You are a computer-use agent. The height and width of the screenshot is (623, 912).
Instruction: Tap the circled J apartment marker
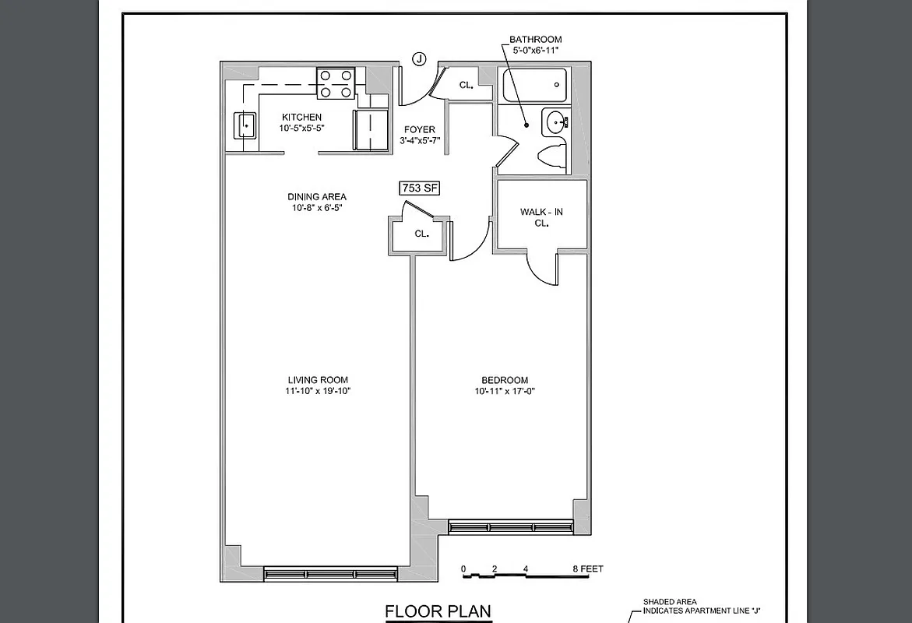point(420,59)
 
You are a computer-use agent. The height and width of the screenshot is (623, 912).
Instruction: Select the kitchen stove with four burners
point(336,83)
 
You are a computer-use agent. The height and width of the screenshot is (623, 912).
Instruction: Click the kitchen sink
point(245,125)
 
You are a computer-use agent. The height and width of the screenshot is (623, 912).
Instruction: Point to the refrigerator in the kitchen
point(371,128)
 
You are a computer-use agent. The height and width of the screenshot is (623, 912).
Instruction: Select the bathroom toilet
point(554,154)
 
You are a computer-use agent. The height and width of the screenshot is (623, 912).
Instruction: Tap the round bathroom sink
point(557,121)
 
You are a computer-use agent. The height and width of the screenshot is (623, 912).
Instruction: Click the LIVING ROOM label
point(318,380)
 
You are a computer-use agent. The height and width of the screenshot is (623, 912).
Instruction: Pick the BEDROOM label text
point(505,380)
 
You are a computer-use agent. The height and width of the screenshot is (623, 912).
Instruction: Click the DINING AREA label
point(317,197)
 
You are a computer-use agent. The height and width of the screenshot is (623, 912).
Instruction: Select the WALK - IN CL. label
point(541,217)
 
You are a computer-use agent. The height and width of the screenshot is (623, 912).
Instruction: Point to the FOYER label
point(419,130)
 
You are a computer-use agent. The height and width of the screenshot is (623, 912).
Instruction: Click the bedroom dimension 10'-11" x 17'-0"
point(505,391)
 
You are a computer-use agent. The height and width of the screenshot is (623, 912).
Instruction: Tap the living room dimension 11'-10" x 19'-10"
point(318,391)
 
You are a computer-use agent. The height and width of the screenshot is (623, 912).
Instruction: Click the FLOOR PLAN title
point(438,611)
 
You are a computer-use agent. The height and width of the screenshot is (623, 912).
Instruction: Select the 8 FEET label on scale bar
point(588,569)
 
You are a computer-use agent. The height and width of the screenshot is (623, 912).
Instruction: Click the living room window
point(331,574)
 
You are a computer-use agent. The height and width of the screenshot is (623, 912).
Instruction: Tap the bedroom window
point(510,527)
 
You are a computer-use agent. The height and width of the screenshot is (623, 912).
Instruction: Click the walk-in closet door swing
point(541,269)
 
